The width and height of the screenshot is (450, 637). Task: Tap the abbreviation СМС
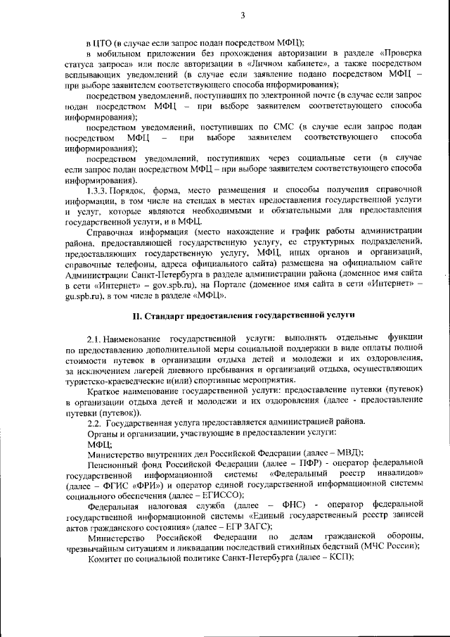(x=282, y=127)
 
